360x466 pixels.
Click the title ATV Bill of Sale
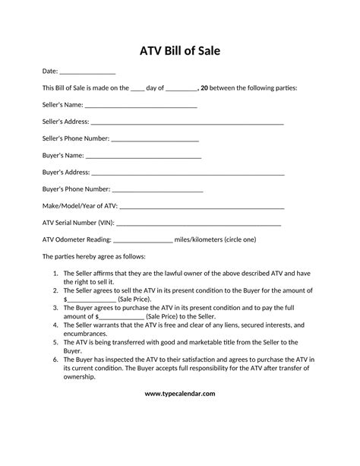pos(180,52)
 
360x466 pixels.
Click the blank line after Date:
pos(87,72)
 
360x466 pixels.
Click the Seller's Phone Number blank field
pos(155,140)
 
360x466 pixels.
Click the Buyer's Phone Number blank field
pos(157,190)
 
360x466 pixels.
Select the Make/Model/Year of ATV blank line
pos(202,207)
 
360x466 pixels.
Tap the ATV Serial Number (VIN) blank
pos(199,223)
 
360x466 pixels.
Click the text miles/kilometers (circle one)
pos(216,239)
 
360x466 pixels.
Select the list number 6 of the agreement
pos(56,359)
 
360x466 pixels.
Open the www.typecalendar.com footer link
pos(180,393)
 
